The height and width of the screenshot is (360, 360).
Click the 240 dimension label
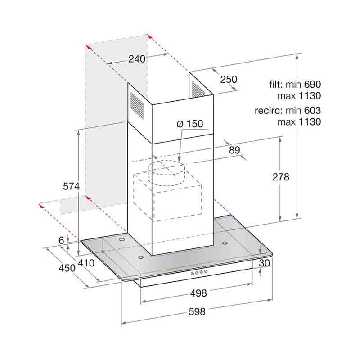pyautogui.click(x=137, y=59)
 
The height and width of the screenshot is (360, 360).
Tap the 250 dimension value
pyautogui.click(x=228, y=79)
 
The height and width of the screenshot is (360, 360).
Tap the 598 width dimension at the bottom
pyautogui.click(x=197, y=311)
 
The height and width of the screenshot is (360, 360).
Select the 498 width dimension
pyautogui.click(x=198, y=293)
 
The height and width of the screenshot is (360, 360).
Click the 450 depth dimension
pyautogui.click(x=67, y=268)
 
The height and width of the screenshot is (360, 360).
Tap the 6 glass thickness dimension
pyautogui.click(x=61, y=240)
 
